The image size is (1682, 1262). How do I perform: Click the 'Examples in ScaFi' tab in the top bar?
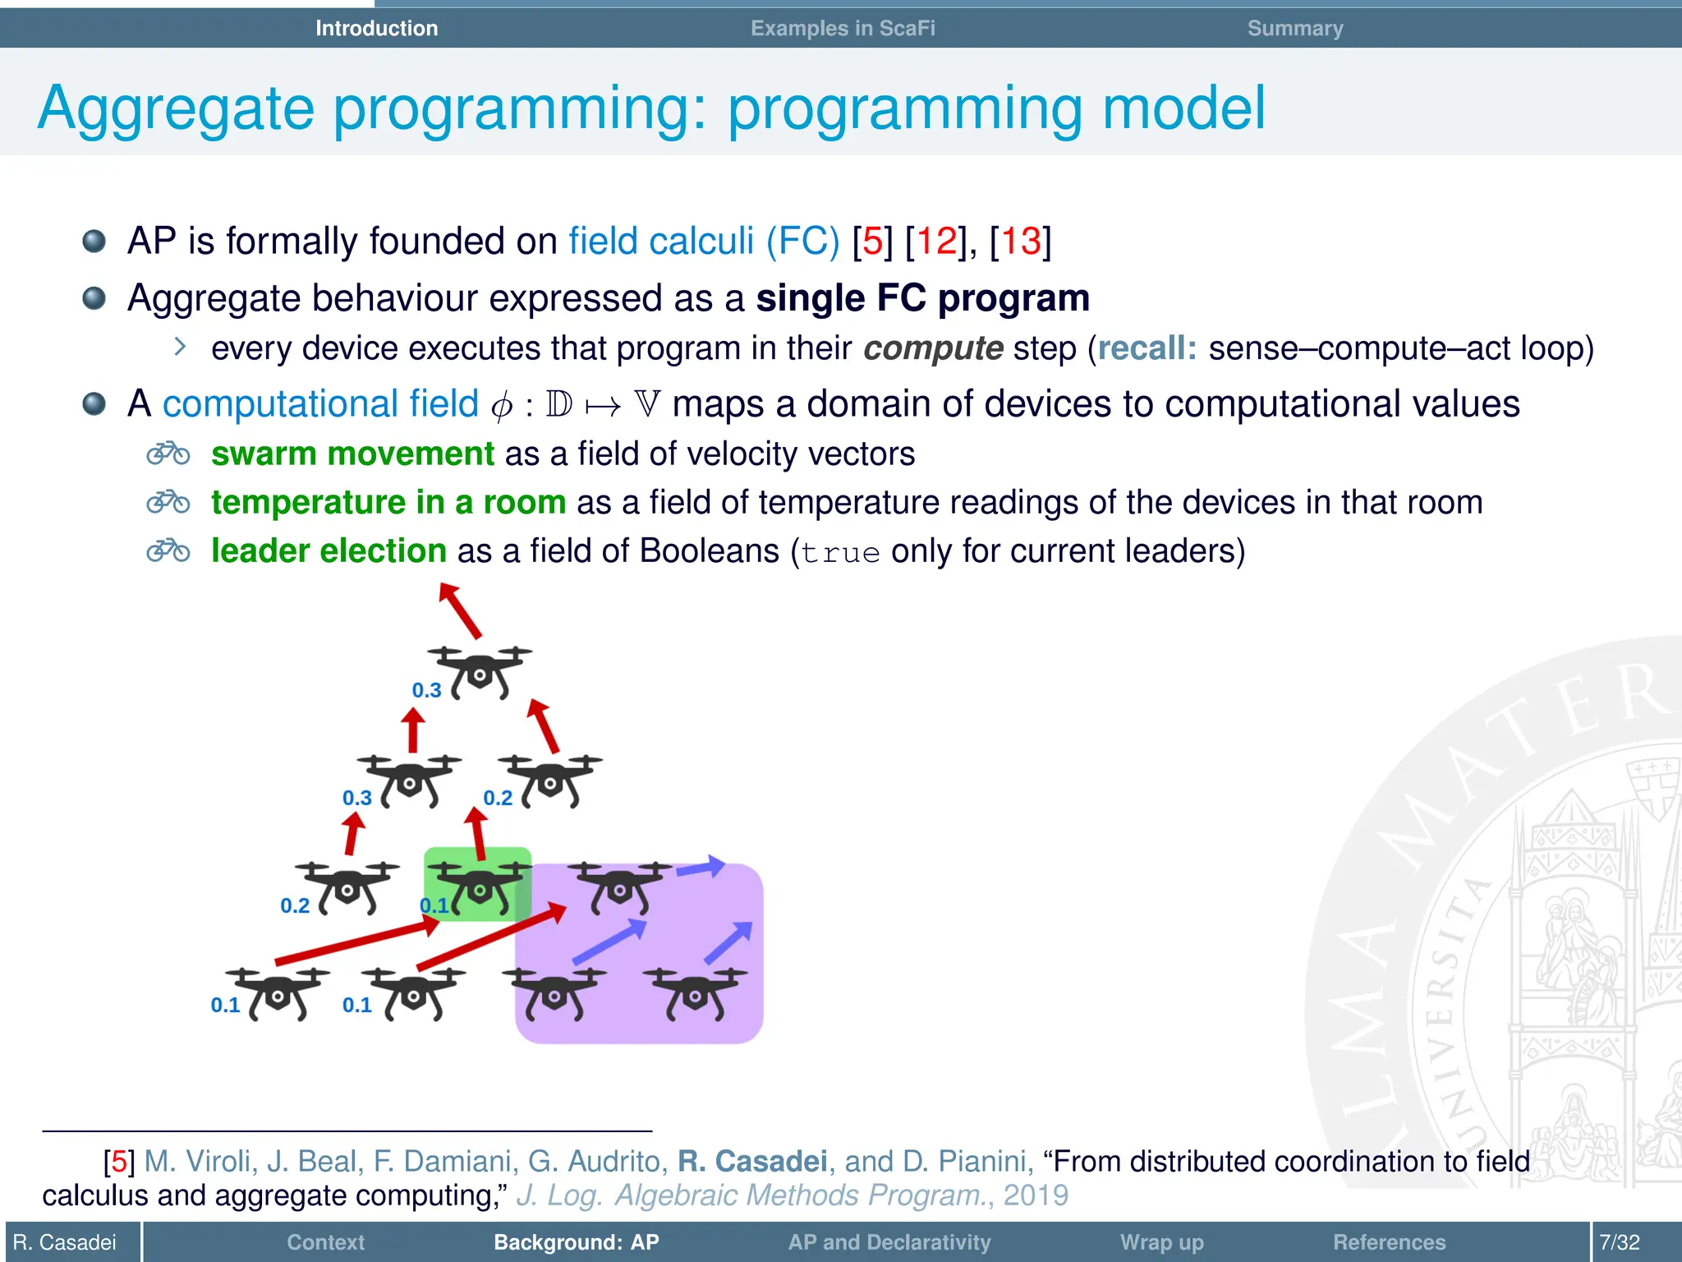pyautogui.click(x=843, y=28)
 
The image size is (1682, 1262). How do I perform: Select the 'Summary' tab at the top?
pyautogui.click(x=1294, y=28)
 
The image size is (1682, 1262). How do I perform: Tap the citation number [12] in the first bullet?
pyautogui.click(x=936, y=242)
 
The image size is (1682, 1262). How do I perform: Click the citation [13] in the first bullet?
pyautogui.click(x=1021, y=242)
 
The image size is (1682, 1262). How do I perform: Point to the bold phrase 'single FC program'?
pyautogui.click(x=922, y=298)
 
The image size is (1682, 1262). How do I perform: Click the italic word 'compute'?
pyautogui.click(x=933, y=348)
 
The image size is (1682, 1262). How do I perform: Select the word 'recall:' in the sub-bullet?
pyautogui.click(x=1147, y=348)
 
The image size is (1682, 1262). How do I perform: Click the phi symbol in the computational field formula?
pyautogui.click(x=502, y=406)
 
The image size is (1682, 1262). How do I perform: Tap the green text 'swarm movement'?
pyautogui.click(x=352, y=454)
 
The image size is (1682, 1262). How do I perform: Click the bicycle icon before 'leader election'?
pyautogui.click(x=168, y=550)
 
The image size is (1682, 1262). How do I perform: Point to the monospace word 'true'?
pyautogui.click(x=840, y=553)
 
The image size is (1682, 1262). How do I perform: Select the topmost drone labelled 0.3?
pyautogui.click(x=480, y=671)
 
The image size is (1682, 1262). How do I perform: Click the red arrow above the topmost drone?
pyautogui.click(x=460, y=610)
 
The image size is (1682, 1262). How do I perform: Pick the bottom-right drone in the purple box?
pyautogui.click(x=696, y=993)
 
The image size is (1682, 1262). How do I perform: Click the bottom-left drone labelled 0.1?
pyautogui.click(x=278, y=993)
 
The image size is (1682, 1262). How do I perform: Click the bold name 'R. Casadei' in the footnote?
pyautogui.click(x=751, y=1162)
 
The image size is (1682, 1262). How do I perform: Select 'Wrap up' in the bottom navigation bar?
pyautogui.click(x=1161, y=1242)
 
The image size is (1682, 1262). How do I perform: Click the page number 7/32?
pyautogui.click(x=1619, y=1242)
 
